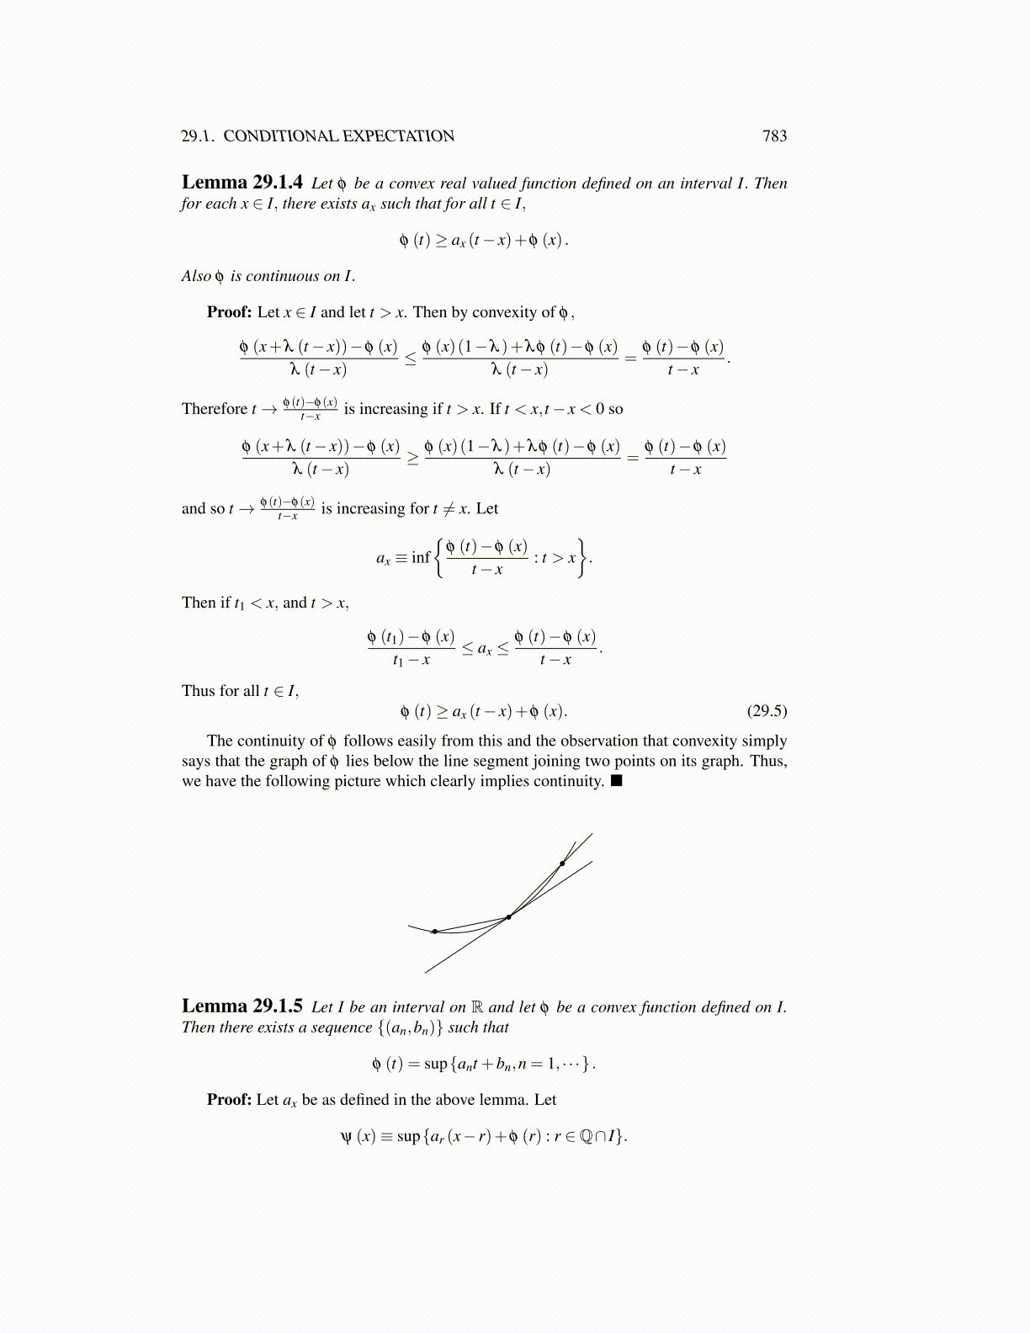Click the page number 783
pyautogui.click(x=774, y=136)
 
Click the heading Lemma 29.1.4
pyautogui.click(x=242, y=183)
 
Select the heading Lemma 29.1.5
pyautogui.click(x=242, y=1006)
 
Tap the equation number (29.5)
pyautogui.click(x=767, y=711)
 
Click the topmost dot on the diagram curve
pyautogui.click(x=562, y=863)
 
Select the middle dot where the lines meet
pyautogui.click(x=508, y=917)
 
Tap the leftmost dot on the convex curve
pyautogui.click(x=434, y=932)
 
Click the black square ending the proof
pyautogui.click(x=617, y=781)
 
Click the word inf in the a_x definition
pyautogui.click(x=421, y=557)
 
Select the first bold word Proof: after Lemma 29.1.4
pyautogui.click(x=230, y=312)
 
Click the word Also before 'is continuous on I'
pyautogui.click(x=196, y=276)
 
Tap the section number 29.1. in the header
pyautogui.click(x=199, y=136)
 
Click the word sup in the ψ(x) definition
pyautogui.click(x=408, y=1136)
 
